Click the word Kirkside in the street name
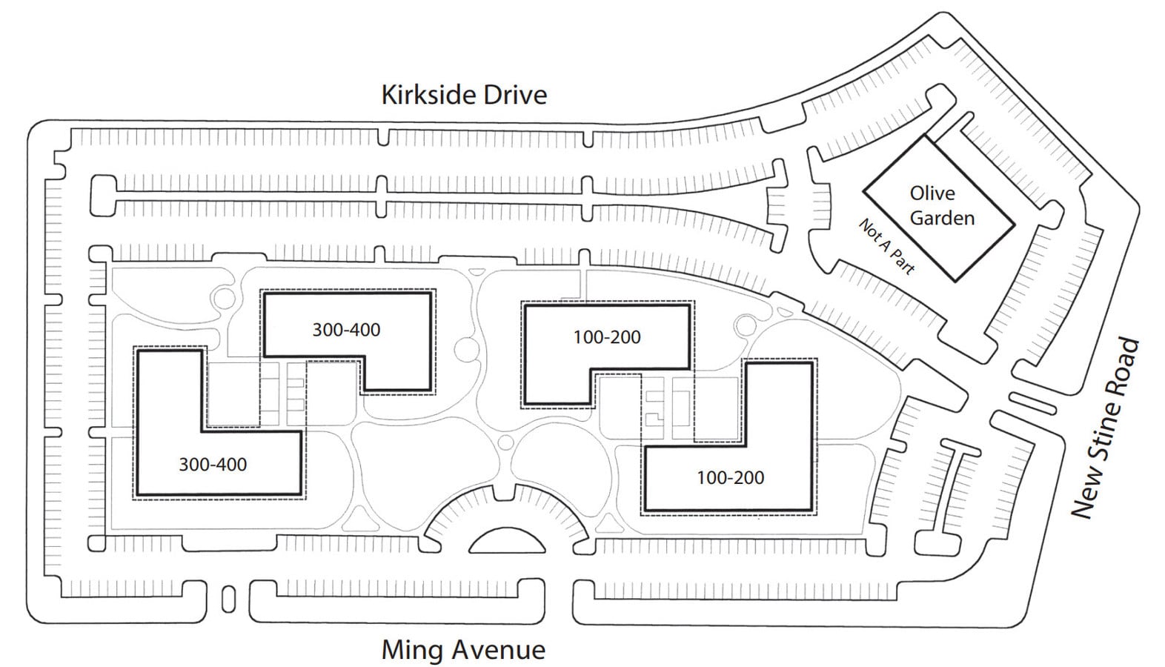[x=428, y=95]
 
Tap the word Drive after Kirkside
[x=515, y=95]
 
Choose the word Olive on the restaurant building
[x=932, y=193]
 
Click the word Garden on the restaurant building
[x=943, y=218]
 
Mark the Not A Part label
[x=887, y=247]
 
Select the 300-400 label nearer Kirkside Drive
[x=346, y=330]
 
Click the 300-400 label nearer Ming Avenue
[x=213, y=465]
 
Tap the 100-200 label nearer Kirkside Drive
[x=607, y=337]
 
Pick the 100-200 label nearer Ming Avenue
[x=730, y=477]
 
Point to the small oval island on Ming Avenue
[x=228, y=600]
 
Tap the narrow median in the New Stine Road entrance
[x=1033, y=404]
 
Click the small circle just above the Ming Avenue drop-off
[x=505, y=442]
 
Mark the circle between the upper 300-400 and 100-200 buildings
[x=467, y=349]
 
